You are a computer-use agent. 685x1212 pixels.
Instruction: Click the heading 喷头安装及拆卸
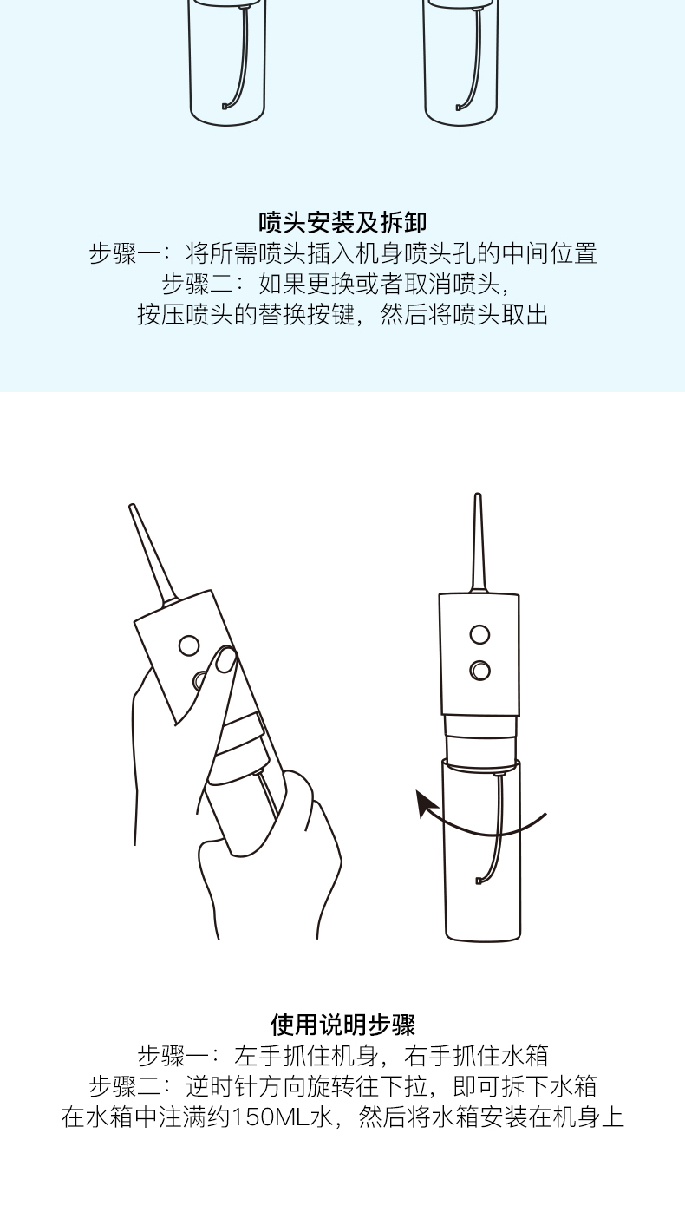tap(342, 222)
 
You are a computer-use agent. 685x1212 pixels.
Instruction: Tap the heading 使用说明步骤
tap(342, 1025)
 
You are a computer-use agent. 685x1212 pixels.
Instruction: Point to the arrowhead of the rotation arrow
tap(424, 803)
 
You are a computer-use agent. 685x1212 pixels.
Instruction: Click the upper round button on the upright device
tap(479, 634)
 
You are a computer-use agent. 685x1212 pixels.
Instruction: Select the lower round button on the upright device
tap(479, 670)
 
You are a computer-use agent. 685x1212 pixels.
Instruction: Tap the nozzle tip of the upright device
tap(478, 495)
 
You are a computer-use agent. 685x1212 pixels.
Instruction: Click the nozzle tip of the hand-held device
tap(132, 507)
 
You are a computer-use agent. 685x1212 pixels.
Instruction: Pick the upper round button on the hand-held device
tap(189, 645)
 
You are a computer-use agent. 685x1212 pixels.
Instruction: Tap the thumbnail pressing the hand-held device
tap(226, 660)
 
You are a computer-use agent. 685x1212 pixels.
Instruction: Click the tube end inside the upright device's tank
tap(479, 881)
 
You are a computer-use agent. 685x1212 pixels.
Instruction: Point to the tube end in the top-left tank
tap(225, 107)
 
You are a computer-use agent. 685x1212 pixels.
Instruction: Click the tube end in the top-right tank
tap(459, 107)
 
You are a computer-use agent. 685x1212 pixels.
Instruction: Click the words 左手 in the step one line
tap(258, 1055)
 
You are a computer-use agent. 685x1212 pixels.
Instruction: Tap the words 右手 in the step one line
tap(427, 1055)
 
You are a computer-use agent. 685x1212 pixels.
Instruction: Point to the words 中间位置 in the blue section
tap(549, 253)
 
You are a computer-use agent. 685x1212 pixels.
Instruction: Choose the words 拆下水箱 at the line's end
tap(549, 1086)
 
